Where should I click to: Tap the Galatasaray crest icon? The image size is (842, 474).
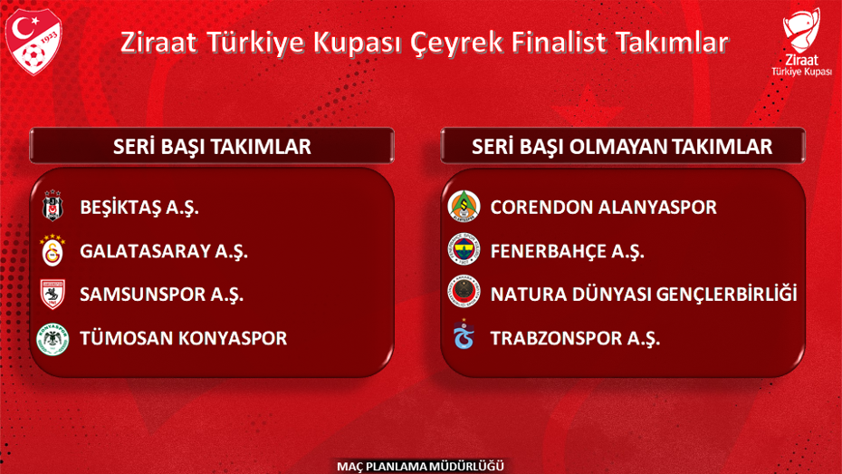(53, 251)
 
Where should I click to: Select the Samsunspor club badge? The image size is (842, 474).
(53, 295)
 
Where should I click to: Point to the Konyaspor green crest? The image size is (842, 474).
(53, 339)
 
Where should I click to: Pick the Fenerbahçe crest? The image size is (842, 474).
(464, 251)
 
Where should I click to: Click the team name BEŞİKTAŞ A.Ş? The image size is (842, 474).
(139, 208)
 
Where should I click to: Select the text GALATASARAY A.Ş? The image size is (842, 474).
(163, 251)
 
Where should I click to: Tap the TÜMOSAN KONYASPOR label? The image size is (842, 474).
(183, 339)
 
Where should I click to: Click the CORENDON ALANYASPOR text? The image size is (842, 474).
(603, 208)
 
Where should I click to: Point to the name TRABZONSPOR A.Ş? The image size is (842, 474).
(575, 339)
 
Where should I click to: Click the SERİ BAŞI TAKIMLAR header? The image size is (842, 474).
(212, 147)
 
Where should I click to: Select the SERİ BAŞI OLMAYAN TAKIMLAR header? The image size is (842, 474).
(622, 147)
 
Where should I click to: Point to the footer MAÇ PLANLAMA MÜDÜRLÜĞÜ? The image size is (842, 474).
(420, 466)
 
